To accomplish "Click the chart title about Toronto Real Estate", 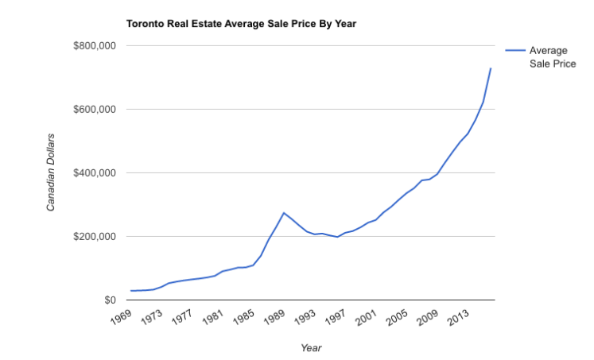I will click(x=241, y=24).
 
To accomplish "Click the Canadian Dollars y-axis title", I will click(x=51, y=173).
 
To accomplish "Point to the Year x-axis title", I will click(x=311, y=347).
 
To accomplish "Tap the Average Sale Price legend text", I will click(x=552, y=57).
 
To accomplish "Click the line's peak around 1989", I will click(x=284, y=213).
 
